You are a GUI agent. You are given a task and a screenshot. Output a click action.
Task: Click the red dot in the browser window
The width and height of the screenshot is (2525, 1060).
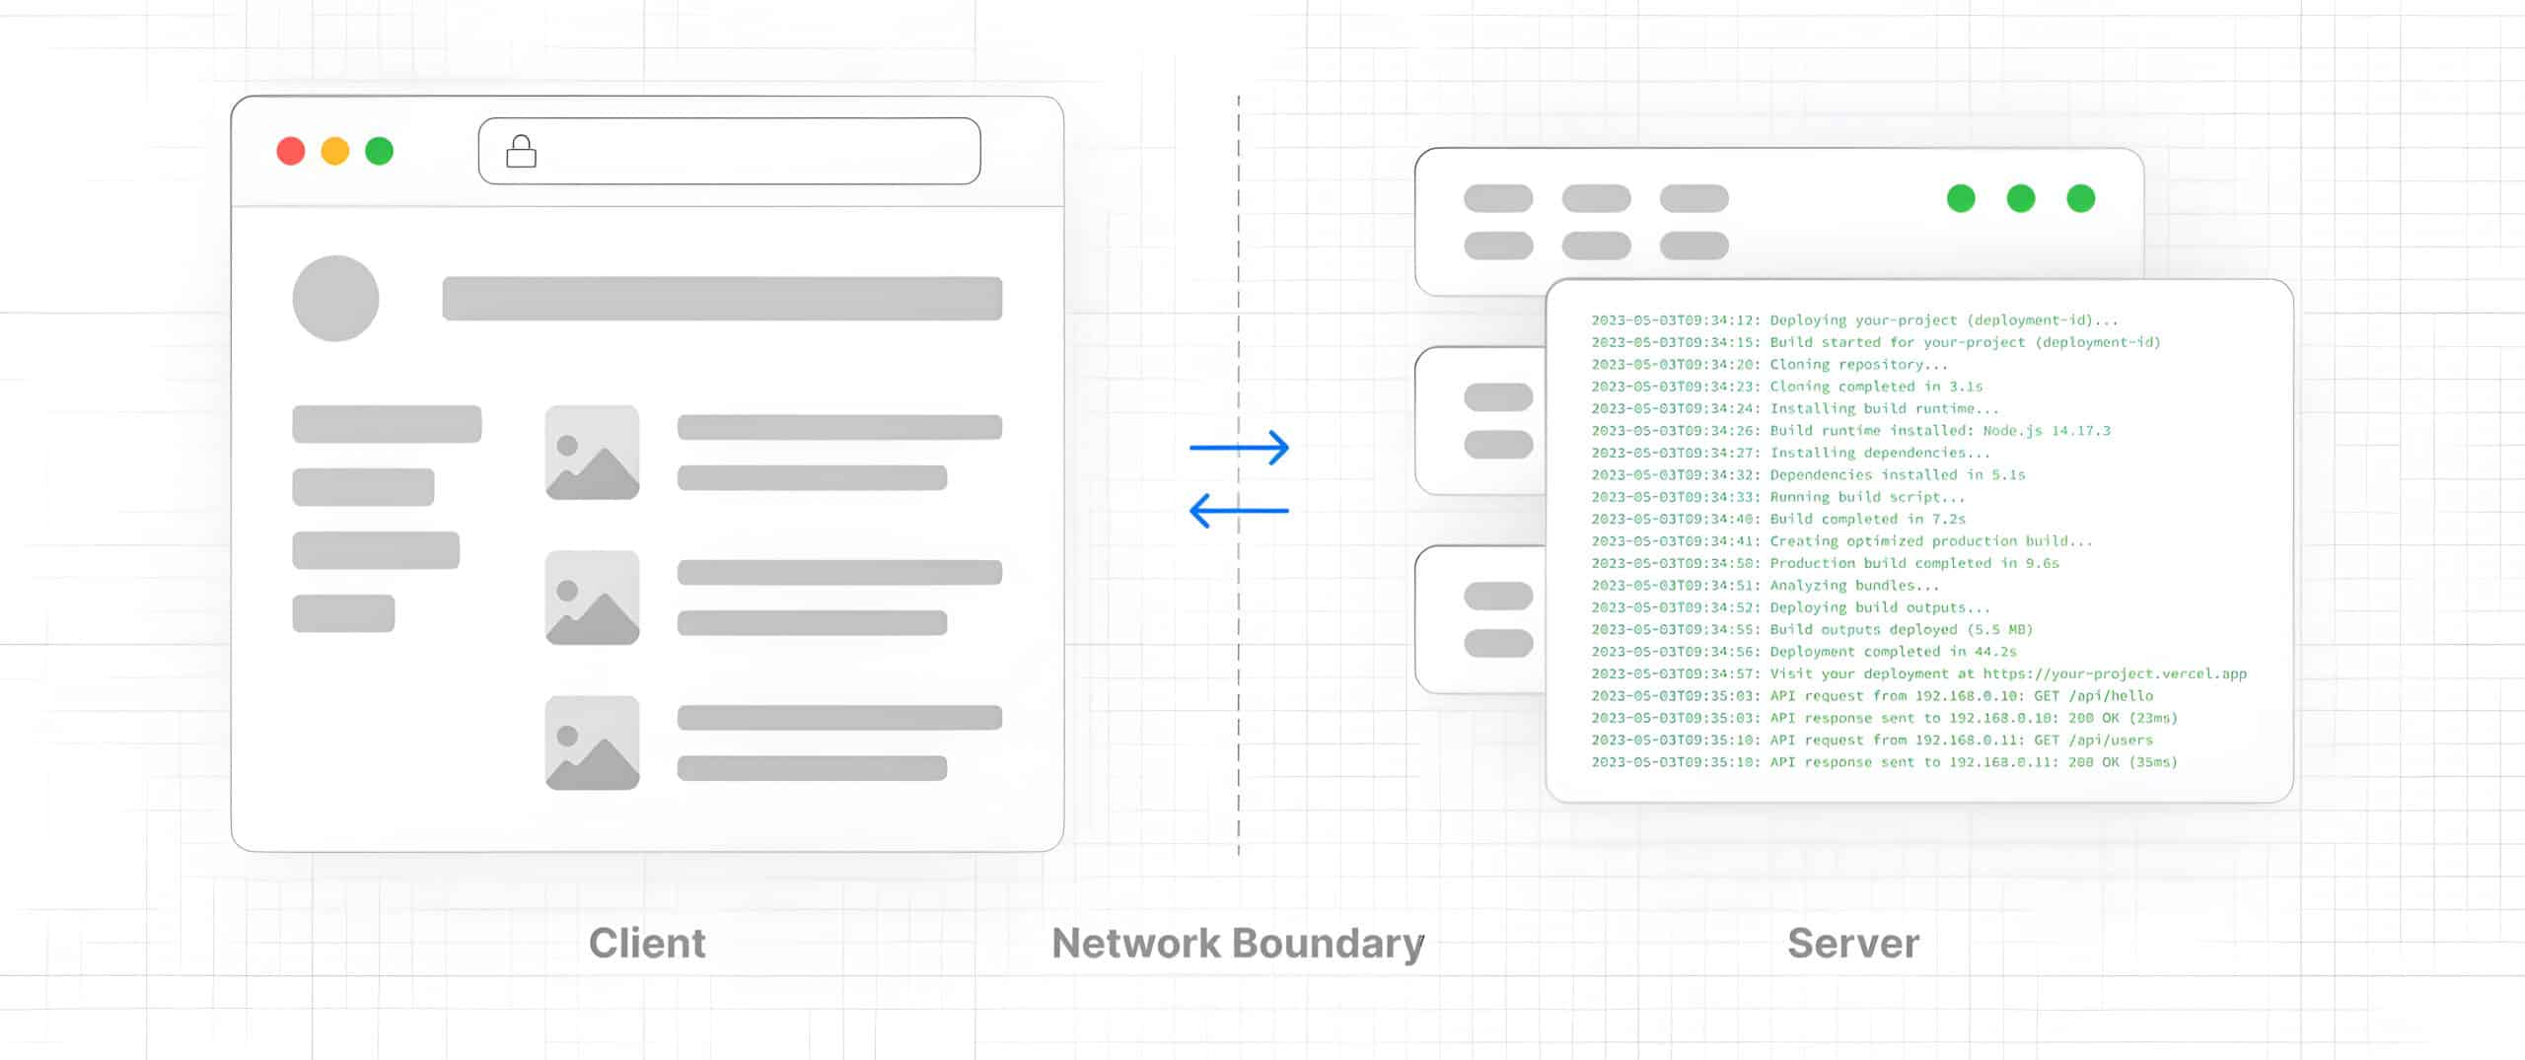[291, 151]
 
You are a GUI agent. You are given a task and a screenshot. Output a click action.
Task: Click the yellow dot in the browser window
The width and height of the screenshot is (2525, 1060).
[335, 151]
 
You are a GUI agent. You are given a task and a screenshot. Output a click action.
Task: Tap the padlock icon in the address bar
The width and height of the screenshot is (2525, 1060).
[521, 152]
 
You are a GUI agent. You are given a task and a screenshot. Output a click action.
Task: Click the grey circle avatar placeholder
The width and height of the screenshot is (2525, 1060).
[335, 299]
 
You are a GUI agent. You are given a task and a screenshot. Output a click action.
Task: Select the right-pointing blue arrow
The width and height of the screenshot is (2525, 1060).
[1239, 448]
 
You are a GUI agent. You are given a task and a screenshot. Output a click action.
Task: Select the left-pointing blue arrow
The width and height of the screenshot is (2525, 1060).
[1239, 511]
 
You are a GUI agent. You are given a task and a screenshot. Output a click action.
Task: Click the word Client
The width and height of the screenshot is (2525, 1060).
[647, 944]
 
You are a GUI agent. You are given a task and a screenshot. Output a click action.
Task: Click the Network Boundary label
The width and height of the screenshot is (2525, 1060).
[1238, 944]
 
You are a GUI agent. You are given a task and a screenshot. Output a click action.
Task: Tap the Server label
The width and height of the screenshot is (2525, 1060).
[1853, 944]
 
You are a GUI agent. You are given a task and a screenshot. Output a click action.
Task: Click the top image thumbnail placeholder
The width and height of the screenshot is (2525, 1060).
[592, 453]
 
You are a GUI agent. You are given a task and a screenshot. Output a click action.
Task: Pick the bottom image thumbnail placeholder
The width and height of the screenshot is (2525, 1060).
[592, 742]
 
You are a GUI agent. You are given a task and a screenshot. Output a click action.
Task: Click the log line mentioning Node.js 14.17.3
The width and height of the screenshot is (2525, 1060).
[1850, 431]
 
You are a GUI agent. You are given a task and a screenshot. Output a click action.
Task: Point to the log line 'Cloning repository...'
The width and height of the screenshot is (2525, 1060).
[1769, 365]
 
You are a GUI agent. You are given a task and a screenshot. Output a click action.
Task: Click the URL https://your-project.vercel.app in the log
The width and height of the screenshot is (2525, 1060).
[2115, 674]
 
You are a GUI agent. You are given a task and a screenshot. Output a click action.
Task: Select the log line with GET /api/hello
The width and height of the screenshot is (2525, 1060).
[1872, 696]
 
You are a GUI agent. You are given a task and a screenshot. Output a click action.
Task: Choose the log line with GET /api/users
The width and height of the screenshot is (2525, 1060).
[1872, 741]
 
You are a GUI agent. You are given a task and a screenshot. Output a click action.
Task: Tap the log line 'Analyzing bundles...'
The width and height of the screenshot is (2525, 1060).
[1766, 586]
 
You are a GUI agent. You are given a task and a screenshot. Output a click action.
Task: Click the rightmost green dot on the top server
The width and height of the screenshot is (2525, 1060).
[2080, 198]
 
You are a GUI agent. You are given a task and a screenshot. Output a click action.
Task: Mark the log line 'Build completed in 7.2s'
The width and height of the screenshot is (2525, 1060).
[1777, 520]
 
